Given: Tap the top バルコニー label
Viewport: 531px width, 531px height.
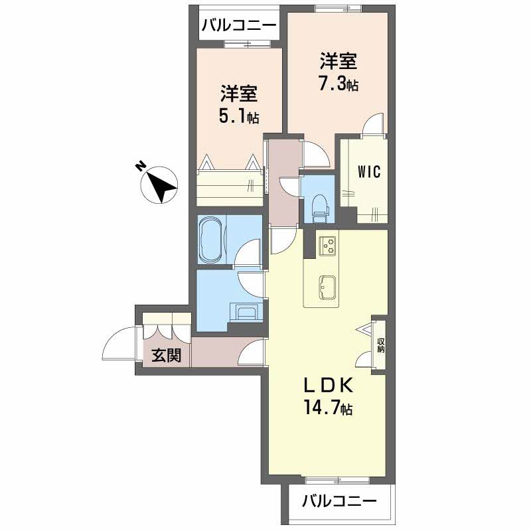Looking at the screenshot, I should tap(238, 27).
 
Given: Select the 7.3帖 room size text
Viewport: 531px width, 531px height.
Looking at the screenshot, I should tap(339, 86).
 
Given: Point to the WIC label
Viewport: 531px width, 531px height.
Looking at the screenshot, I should tap(368, 172).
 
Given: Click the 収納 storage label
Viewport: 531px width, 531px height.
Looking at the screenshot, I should tap(380, 345).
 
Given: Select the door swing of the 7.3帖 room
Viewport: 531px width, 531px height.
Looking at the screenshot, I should tap(374, 125).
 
